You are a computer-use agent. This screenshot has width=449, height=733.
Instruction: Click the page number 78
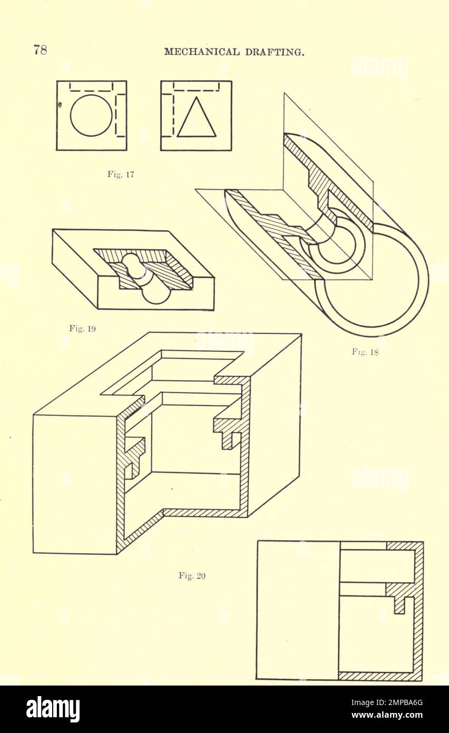(40, 50)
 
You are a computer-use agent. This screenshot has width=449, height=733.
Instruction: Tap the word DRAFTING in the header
(275, 52)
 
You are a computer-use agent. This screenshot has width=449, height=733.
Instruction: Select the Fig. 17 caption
(121, 175)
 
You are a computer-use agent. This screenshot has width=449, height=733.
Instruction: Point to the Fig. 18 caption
(365, 352)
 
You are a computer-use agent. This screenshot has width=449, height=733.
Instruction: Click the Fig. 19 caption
(82, 328)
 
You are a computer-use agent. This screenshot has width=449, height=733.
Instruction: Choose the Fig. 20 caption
(192, 575)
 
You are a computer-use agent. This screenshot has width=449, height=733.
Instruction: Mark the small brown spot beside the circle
(60, 105)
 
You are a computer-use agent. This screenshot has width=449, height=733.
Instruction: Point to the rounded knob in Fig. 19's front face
(157, 294)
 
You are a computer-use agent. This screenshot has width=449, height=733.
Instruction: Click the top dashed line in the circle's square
(91, 90)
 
